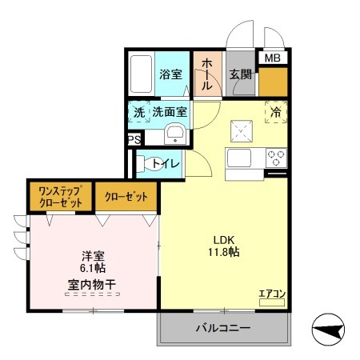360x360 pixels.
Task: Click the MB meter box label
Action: (272, 58)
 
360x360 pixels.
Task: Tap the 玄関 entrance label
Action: (241, 74)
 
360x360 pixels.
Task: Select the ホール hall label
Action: (207, 74)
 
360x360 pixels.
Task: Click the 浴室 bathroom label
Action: (170, 74)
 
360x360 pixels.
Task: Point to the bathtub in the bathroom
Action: (141, 74)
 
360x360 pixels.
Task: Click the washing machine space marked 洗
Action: (139, 112)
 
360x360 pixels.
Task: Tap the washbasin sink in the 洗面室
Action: (175, 134)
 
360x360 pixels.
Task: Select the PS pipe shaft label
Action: (134, 140)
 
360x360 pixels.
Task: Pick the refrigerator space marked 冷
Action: (276, 112)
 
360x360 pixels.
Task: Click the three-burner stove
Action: (276, 158)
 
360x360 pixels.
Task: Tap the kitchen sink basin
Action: (238, 158)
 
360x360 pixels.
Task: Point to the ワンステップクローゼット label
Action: (61, 197)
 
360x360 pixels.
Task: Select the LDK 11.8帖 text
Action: (224, 246)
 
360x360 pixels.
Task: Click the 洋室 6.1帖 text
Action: (93, 262)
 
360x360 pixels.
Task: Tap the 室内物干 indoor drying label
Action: (92, 285)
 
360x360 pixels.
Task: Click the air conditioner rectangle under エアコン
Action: (272, 302)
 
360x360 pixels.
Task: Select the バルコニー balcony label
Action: (223, 328)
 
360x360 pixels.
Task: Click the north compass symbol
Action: (328, 330)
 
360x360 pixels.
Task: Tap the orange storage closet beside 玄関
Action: (273, 82)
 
